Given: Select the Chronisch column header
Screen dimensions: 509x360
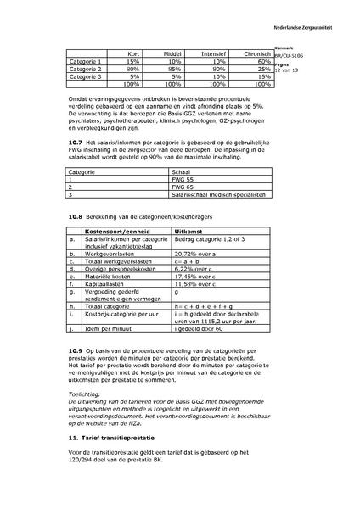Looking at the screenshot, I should pos(256,53).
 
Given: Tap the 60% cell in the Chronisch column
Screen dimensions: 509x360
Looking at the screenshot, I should pos(263,61).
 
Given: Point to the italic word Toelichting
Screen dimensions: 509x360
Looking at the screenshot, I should pos(84,394).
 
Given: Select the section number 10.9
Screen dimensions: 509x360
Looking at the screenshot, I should pos(75,350).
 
